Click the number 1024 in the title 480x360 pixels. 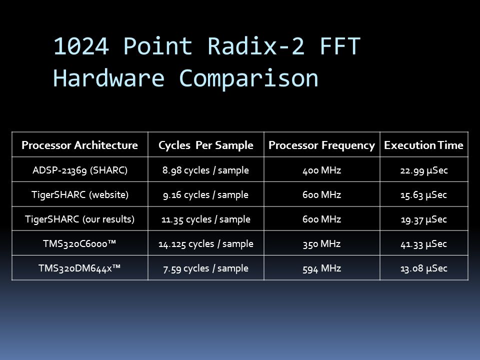point(81,46)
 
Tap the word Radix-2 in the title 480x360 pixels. point(256,46)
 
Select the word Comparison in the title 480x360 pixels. point(248,78)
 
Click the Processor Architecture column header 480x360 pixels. point(79,145)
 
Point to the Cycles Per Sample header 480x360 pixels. point(205,145)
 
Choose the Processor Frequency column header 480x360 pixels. point(321,145)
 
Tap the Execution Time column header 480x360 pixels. point(423,145)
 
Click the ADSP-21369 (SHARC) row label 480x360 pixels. point(80,170)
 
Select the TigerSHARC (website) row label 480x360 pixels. point(80,194)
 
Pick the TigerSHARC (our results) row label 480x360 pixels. point(79,219)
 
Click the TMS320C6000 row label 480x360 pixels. point(79,243)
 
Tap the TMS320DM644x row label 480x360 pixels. point(79,268)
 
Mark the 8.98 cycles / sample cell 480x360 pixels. point(205,170)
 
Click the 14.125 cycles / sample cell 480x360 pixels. point(205,243)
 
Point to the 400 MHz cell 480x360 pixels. point(321,170)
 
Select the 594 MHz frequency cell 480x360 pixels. point(321,268)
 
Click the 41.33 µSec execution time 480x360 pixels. point(423,244)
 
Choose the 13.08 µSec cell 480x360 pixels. point(423,268)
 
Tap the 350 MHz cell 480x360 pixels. point(321,244)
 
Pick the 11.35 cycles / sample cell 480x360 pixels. point(205,219)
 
